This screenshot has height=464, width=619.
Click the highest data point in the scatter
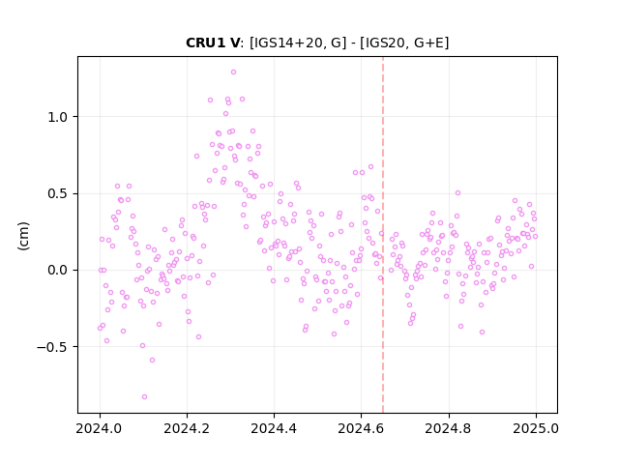(233, 72)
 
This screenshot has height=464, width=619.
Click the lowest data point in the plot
(144, 397)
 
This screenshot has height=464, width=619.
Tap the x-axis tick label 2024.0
(100, 428)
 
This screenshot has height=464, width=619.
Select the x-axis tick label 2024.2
(187, 428)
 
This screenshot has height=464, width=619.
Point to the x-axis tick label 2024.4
(274, 428)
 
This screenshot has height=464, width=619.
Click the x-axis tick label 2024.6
(361, 428)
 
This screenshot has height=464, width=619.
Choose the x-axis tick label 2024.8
(449, 428)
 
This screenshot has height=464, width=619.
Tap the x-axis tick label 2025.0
(536, 428)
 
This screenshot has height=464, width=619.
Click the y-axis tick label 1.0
(58, 117)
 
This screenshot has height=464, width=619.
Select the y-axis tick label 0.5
(58, 193)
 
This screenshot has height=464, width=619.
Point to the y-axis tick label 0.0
(58, 271)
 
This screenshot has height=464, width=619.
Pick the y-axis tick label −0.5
(52, 347)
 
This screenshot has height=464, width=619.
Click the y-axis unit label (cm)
(23, 236)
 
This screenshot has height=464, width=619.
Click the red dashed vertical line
(383, 235)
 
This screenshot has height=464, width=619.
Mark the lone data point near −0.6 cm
(153, 361)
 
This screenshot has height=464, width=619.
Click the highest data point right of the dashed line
(457, 193)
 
